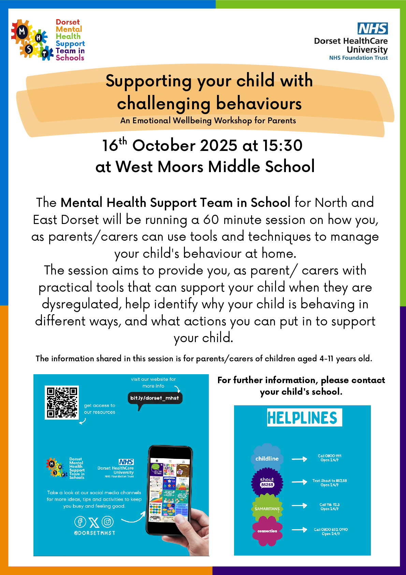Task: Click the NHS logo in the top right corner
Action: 373,28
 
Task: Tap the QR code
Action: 62,402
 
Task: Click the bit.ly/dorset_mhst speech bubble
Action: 155,398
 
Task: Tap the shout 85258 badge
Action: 267,482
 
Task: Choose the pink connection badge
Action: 267,531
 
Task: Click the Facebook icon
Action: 80,522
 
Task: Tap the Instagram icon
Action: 108,522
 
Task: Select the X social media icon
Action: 94,522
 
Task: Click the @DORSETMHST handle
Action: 95,533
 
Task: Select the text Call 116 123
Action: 330,505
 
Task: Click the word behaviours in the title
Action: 259,104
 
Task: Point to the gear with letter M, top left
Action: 22,32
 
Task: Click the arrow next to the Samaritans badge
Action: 300,505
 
